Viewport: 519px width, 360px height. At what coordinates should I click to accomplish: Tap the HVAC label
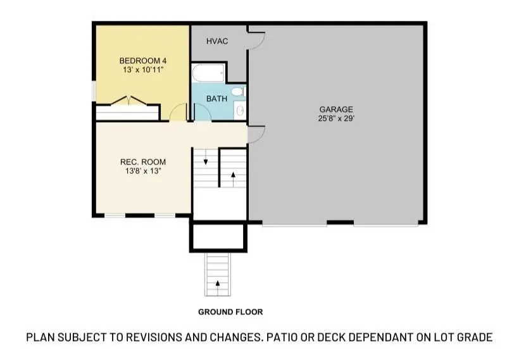217,42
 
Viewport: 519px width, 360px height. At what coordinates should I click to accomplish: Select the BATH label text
217,99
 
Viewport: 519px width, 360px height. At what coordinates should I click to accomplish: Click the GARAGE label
336,109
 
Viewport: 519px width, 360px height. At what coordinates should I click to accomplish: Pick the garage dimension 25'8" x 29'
336,118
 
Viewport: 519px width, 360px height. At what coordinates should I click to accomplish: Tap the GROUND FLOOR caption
230,312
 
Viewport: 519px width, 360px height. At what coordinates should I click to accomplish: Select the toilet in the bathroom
237,92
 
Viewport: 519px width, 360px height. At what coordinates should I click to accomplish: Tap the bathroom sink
240,111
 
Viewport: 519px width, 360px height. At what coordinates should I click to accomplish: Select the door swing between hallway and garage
255,134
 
